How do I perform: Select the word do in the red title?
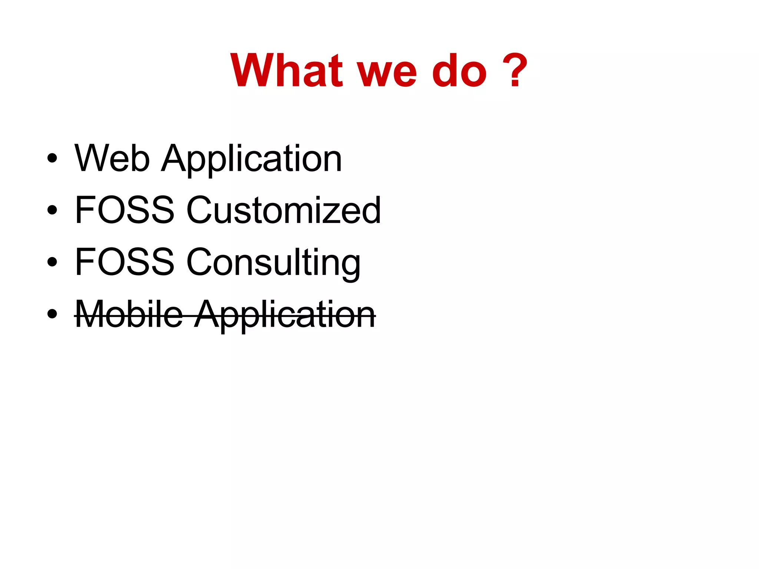[x=459, y=70]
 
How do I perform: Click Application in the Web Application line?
[x=251, y=159]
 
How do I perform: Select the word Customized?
[x=283, y=210]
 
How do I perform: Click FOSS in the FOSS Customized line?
[x=124, y=210]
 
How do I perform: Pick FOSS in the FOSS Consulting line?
[x=124, y=262]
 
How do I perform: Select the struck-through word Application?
[x=285, y=315]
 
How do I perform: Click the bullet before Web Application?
[x=52, y=158]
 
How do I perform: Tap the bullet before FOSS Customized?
[x=52, y=210]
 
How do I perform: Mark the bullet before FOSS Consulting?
[x=52, y=262]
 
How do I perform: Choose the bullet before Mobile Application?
[x=52, y=314]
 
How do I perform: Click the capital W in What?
[x=252, y=70]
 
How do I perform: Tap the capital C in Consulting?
[x=200, y=262]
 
